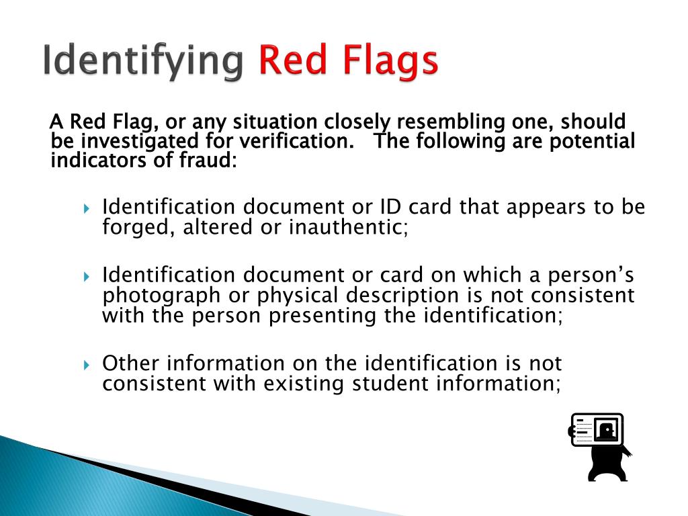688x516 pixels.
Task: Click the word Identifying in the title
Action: [x=142, y=62]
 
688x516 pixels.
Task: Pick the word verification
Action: [x=303, y=142]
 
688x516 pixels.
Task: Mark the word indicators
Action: [x=91, y=161]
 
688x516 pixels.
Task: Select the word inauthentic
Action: [x=349, y=227]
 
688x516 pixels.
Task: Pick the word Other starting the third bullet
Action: [x=131, y=364]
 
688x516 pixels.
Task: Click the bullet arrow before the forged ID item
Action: [x=87, y=208]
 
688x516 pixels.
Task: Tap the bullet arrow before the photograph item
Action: [x=87, y=277]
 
